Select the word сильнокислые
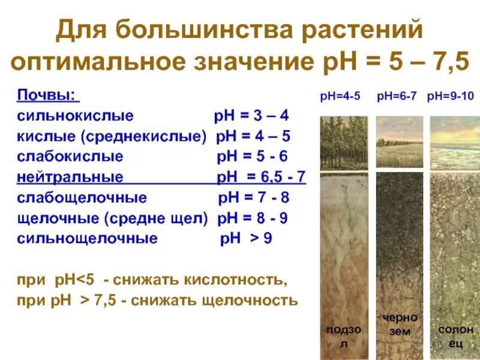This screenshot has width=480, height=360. [x=76, y=116]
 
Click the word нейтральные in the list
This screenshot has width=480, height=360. [x=70, y=178]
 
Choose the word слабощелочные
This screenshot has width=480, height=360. [x=82, y=198]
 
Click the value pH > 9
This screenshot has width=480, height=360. [x=247, y=239]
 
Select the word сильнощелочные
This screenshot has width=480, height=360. [x=88, y=239]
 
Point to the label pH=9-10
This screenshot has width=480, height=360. [x=451, y=97]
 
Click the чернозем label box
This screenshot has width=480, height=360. [x=399, y=324]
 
